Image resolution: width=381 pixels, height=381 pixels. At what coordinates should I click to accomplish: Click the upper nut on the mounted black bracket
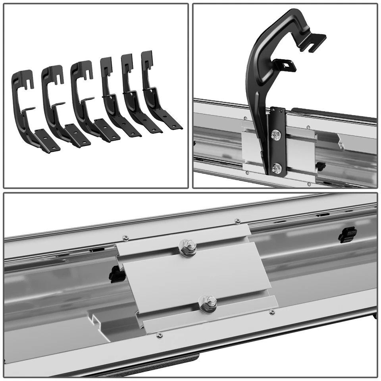click(x=275, y=135)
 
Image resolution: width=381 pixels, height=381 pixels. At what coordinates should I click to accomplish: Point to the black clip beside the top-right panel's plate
click(x=321, y=165)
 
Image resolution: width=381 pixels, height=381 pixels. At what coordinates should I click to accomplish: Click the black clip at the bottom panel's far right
click(x=346, y=235)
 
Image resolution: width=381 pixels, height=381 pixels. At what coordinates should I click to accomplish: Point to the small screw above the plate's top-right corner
click(x=237, y=221)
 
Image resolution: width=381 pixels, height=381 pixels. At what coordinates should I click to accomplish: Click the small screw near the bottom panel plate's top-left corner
click(x=126, y=238)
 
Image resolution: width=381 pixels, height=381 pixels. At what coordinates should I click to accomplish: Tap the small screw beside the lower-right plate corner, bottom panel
click(x=272, y=312)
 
